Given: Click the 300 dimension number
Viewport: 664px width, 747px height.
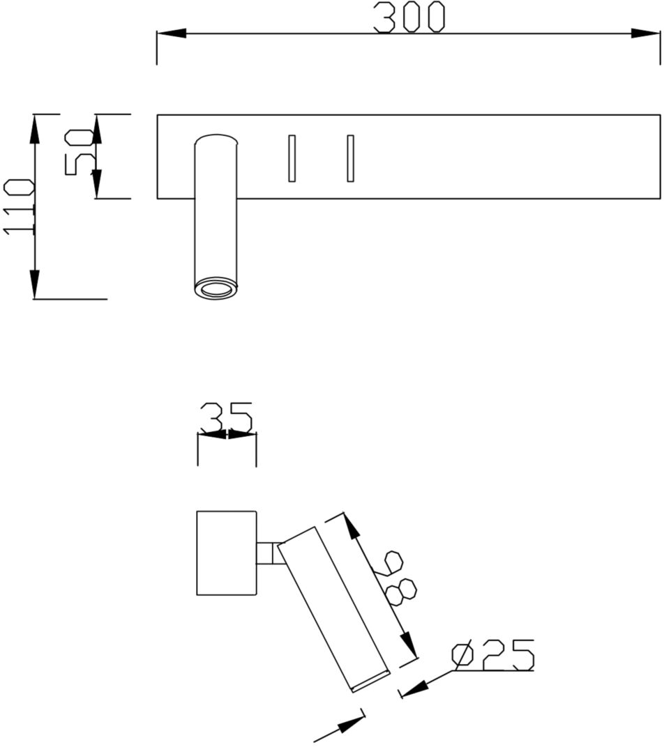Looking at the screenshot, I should pos(409,17).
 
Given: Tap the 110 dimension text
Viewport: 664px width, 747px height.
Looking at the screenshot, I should pos(20,206).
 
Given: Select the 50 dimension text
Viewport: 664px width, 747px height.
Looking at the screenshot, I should pos(79,152).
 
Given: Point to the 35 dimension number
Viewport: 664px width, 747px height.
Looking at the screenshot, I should pos(226,416).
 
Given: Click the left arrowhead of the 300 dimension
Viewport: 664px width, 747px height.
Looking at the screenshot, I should pos(172,33).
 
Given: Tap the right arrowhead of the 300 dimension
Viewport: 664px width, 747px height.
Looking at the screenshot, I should pos(645,33).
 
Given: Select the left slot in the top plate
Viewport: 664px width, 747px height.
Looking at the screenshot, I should pos(292,157).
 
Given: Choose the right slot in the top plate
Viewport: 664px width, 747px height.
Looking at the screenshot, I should pos(350,157).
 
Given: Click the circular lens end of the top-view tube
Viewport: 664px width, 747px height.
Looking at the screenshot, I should pos(216,288).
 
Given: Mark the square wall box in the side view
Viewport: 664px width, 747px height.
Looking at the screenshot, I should pos(227,553).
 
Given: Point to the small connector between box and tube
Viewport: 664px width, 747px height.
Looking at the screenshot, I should pos(269,553).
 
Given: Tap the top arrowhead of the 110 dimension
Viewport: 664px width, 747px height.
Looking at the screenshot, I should pos(34,128).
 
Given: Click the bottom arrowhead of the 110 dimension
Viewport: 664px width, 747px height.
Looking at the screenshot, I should pos(34,284).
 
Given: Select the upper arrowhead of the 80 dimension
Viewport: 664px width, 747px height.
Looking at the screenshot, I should pos(352,527).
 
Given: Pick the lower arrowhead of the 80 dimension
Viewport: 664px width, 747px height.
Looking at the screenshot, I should pos(409,645).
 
